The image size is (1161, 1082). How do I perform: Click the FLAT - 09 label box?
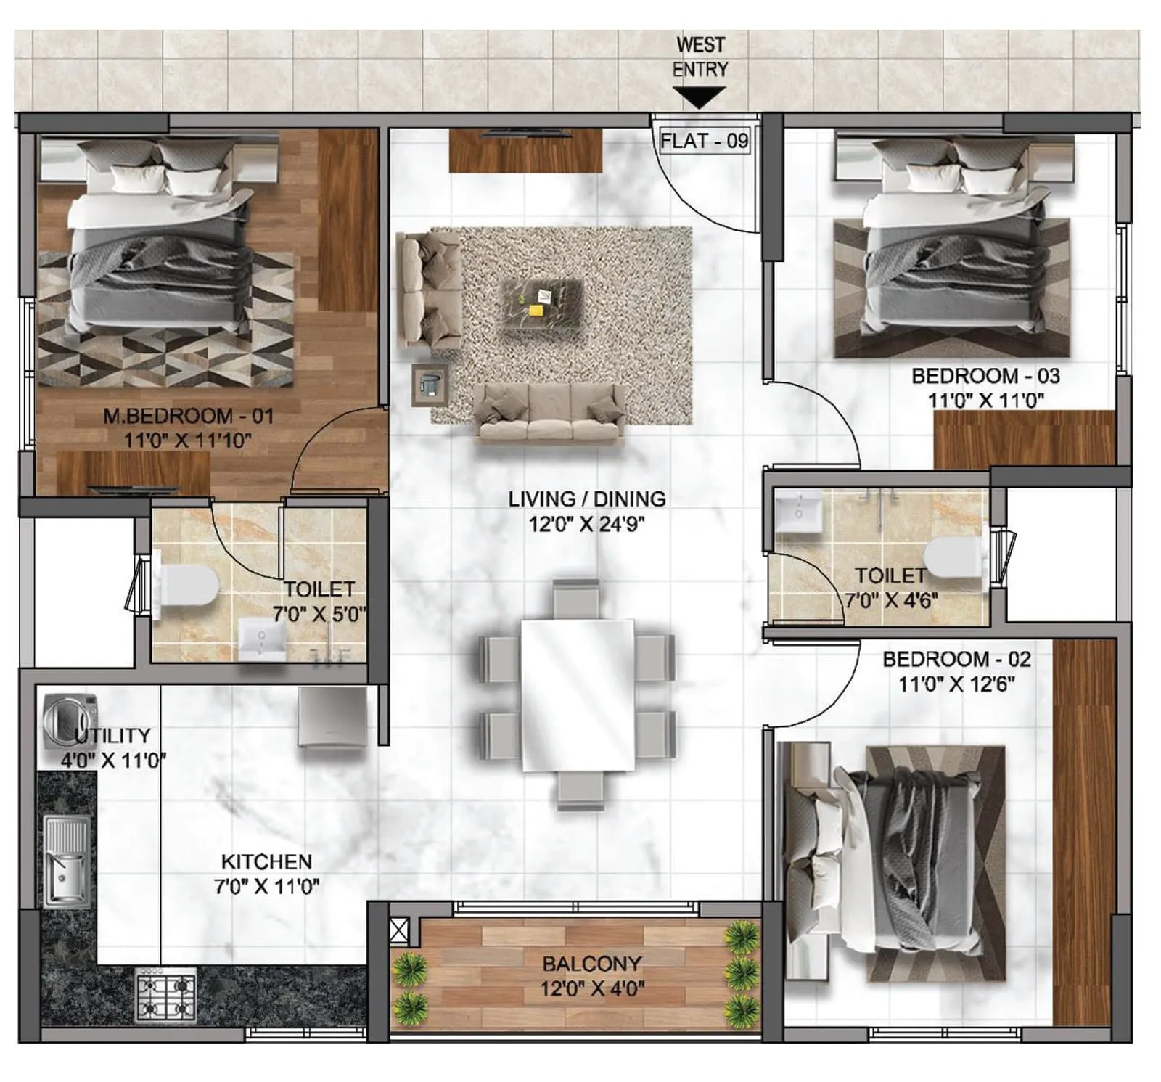[x=703, y=140]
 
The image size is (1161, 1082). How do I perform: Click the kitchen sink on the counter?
[x=67, y=861]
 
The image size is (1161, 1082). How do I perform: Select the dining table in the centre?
[x=578, y=694]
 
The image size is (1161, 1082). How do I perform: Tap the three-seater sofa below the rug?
[x=549, y=413]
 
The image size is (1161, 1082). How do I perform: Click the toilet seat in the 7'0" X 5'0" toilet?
[x=187, y=586]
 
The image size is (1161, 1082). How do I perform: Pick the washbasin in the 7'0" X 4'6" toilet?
[x=798, y=512]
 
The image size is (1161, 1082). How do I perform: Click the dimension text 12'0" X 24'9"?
[x=586, y=524]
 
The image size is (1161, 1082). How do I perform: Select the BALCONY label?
[x=592, y=964]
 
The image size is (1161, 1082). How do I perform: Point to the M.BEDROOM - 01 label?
[x=188, y=417]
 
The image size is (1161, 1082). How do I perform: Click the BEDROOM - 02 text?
[x=956, y=659]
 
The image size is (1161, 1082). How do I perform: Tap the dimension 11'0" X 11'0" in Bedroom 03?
[x=985, y=401]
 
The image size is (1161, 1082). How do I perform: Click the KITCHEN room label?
[x=266, y=861]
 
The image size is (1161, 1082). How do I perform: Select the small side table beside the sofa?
[x=429, y=385]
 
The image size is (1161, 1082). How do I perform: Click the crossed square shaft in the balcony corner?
[x=399, y=930]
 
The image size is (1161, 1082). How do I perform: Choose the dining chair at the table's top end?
[x=577, y=597]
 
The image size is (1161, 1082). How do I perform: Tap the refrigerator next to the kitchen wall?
[x=333, y=716]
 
